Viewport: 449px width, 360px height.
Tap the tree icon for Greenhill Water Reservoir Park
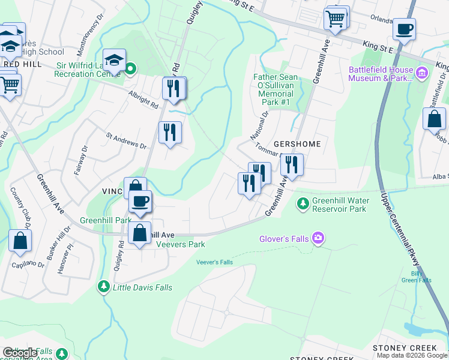tap(304, 204)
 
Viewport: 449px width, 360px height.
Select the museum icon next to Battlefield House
tap(423, 74)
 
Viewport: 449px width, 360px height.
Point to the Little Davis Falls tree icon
tap(104, 288)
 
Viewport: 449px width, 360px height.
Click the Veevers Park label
tap(181, 244)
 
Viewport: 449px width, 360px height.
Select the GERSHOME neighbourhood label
tap(297, 145)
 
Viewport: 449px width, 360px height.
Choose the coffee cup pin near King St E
tap(404, 28)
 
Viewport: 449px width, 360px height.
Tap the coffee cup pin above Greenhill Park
tap(140, 201)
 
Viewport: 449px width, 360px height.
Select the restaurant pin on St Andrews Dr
tap(170, 131)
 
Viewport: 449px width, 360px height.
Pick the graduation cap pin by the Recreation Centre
tap(114, 59)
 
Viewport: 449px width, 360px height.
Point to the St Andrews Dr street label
tap(126, 141)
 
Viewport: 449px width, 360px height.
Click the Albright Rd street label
tap(142, 100)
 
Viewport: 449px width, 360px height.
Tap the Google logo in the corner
tap(20, 353)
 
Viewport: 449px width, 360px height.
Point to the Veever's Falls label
tap(215, 262)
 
